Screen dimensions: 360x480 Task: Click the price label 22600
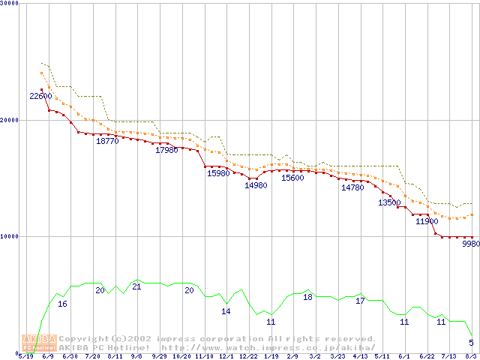coord(40,96)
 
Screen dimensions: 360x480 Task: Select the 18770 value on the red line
coord(107,141)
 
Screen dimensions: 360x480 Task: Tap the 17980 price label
coord(166,150)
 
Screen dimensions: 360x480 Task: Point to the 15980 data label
coord(218,173)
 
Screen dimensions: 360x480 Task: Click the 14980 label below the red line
coord(256,185)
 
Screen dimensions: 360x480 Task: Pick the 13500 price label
coord(388,202)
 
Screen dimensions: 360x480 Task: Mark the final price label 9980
coord(470,244)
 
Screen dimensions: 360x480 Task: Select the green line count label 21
coord(136,286)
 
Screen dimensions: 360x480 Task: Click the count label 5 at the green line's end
coord(471,343)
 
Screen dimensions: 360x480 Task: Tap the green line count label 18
coord(307,297)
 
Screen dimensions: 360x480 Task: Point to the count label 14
coord(226,311)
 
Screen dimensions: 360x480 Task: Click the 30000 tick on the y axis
coord(10,4)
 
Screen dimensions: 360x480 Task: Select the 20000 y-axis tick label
coord(10,120)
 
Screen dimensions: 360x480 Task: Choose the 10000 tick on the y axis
coord(10,236)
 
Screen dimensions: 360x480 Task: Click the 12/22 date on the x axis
coord(248,356)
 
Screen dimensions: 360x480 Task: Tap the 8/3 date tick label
coord(471,356)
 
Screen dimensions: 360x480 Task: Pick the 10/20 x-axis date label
coord(181,356)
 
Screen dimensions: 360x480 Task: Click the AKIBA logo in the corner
coord(39,343)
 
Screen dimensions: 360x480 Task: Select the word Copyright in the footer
coord(85,339)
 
